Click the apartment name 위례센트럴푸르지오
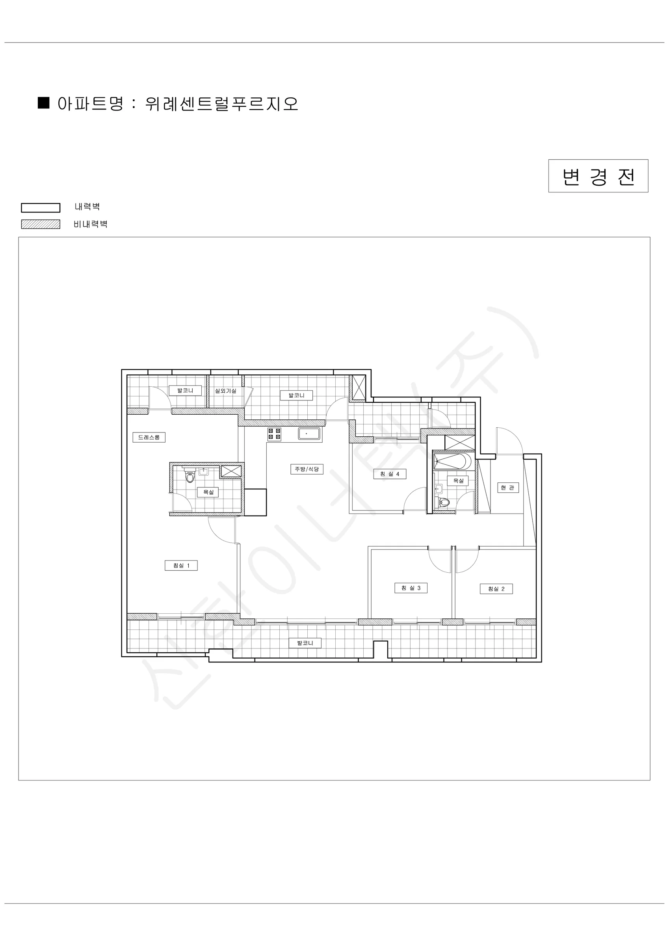(x=222, y=104)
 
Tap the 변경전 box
(x=598, y=176)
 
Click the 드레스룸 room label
(x=149, y=437)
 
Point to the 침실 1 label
(x=181, y=566)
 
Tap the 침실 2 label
(x=496, y=589)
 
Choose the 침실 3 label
(x=411, y=588)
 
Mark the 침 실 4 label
(x=390, y=474)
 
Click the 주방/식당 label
(x=307, y=469)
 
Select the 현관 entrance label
(x=507, y=488)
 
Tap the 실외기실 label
(x=226, y=391)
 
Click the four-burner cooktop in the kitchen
(x=274, y=434)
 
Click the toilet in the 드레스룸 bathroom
(x=190, y=476)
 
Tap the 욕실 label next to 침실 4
(x=458, y=481)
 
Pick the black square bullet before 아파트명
(x=44, y=102)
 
